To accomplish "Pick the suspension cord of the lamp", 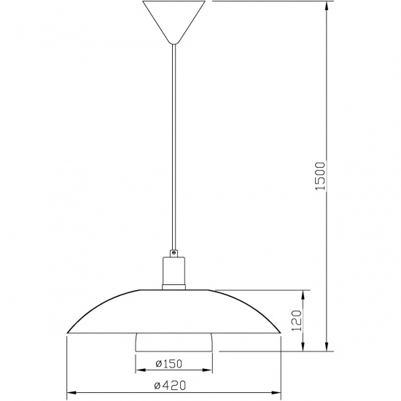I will pyautogui.click(x=174, y=146).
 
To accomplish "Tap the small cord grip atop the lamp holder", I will pyautogui.click(x=174, y=252).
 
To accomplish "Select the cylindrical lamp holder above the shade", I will pyautogui.click(x=174, y=274).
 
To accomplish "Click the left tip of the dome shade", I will pyautogui.click(x=69, y=332).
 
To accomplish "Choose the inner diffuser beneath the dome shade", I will pyautogui.click(x=174, y=342).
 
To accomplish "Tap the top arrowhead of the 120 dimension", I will pyautogui.click(x=305, y=293).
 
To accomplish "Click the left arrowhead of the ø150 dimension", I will pyautogui.click(x=139, y=371).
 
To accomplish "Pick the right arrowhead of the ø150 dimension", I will pyautogui.click(x=209, y=371).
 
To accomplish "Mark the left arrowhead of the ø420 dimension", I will pyautogui.click(x=70, y=394).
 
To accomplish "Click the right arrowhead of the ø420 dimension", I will pyautogui.click(x=277, y=394).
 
